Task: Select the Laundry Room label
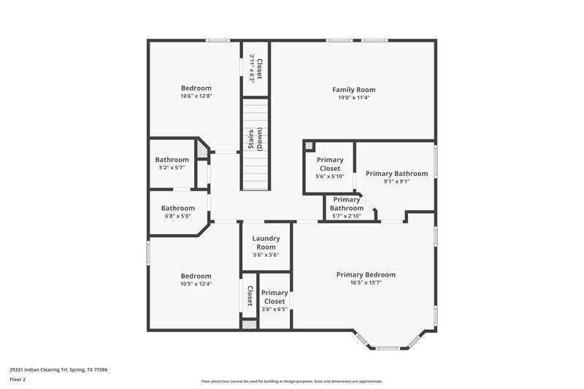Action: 266,242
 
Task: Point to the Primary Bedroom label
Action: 366,274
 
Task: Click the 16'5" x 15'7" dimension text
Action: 366,282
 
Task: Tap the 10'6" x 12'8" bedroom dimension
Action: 196,96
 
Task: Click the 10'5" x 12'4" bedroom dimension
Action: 196,284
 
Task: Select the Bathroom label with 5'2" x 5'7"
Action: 172,160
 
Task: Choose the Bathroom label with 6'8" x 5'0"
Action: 177,208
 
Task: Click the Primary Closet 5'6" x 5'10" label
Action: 329,164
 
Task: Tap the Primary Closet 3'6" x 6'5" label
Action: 274,297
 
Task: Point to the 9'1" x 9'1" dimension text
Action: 396,182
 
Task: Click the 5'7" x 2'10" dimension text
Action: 347,215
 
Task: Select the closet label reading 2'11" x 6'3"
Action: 255,69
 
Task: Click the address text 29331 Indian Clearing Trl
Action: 58,370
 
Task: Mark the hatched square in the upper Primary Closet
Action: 309,146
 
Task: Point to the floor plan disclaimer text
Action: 291,381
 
